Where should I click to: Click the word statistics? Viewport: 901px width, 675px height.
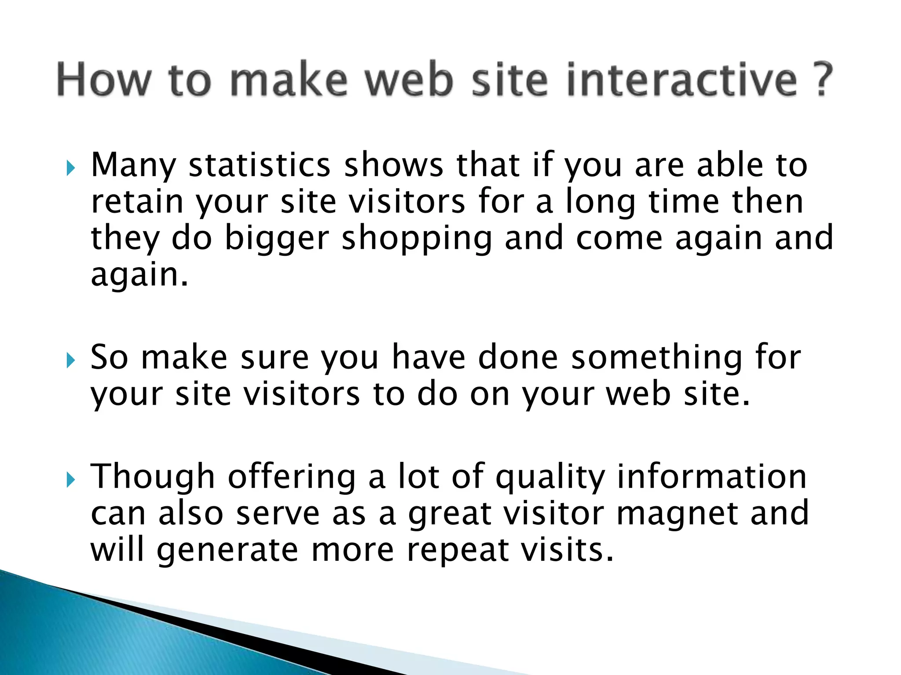(259, 165)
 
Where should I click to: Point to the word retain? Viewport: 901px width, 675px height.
(137, 202)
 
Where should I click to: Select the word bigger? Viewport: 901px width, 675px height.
(277, 239)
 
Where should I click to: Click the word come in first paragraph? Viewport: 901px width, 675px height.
(619, 239)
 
